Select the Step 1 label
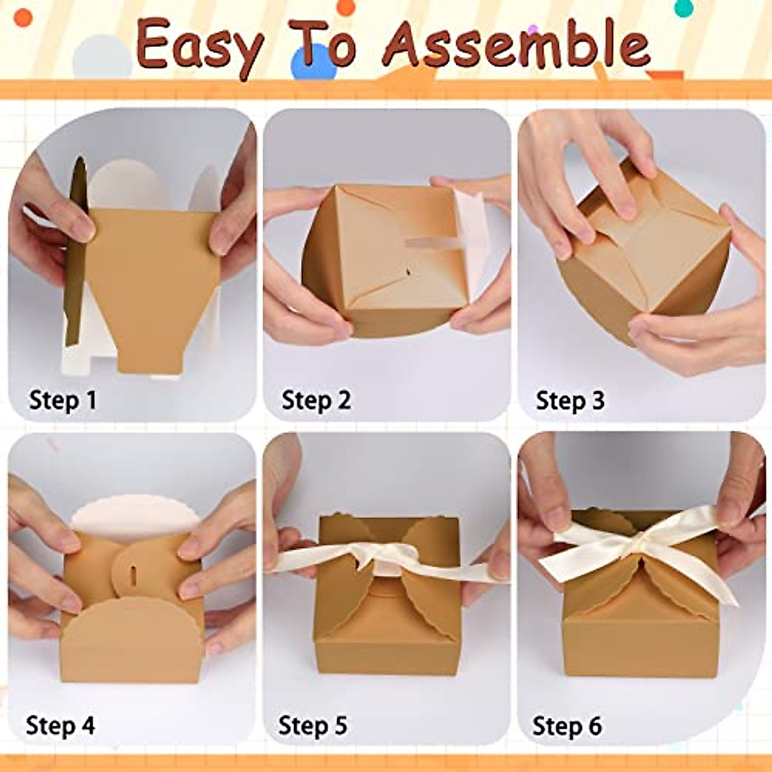coord(62,400)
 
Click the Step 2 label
coord(316,400)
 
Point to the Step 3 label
coord(570,400)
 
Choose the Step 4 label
coord(60,726)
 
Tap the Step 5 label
coord(313,726)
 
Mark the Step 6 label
coord(567,726)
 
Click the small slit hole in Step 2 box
coord(409,274)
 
